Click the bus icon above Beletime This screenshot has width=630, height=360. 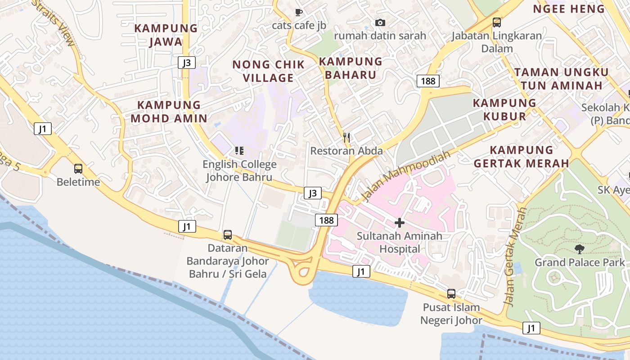coord(78,169)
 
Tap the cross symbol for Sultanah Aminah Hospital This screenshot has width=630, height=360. coord(399,223)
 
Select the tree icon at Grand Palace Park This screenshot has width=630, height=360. coord(580,249)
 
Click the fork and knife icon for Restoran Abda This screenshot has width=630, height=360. coord(346,137)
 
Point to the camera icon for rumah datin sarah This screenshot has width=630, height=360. coord(380,22)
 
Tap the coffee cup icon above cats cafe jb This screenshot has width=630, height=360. coord(298,12)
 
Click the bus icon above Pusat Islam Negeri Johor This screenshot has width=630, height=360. coord(451,294)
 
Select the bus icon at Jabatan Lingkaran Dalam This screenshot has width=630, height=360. coord(497,22)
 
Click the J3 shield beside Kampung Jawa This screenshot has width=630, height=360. coord(186,63)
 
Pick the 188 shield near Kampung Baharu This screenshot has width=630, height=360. coord(428,81)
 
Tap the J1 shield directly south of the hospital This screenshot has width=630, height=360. coord(361,271)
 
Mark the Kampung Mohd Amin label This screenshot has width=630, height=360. coord(169,112)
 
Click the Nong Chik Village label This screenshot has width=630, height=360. coord(268,71)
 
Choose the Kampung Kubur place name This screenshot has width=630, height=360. coord(504,109)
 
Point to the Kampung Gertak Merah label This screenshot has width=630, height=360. coord(522,156)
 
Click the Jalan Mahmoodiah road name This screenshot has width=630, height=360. coord(405,176)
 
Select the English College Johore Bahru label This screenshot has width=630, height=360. coord(239,171)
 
